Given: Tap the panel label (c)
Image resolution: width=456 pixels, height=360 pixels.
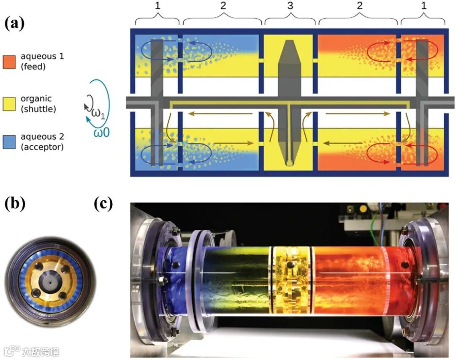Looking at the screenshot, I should (103, 204).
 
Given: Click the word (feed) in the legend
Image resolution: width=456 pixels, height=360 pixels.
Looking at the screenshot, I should (32, 65).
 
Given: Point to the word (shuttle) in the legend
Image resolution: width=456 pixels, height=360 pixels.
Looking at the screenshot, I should (36, 109).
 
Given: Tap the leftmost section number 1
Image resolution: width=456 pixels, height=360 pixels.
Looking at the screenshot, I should (157, 7).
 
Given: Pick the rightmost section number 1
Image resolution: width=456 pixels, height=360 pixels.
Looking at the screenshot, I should (423, 7).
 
